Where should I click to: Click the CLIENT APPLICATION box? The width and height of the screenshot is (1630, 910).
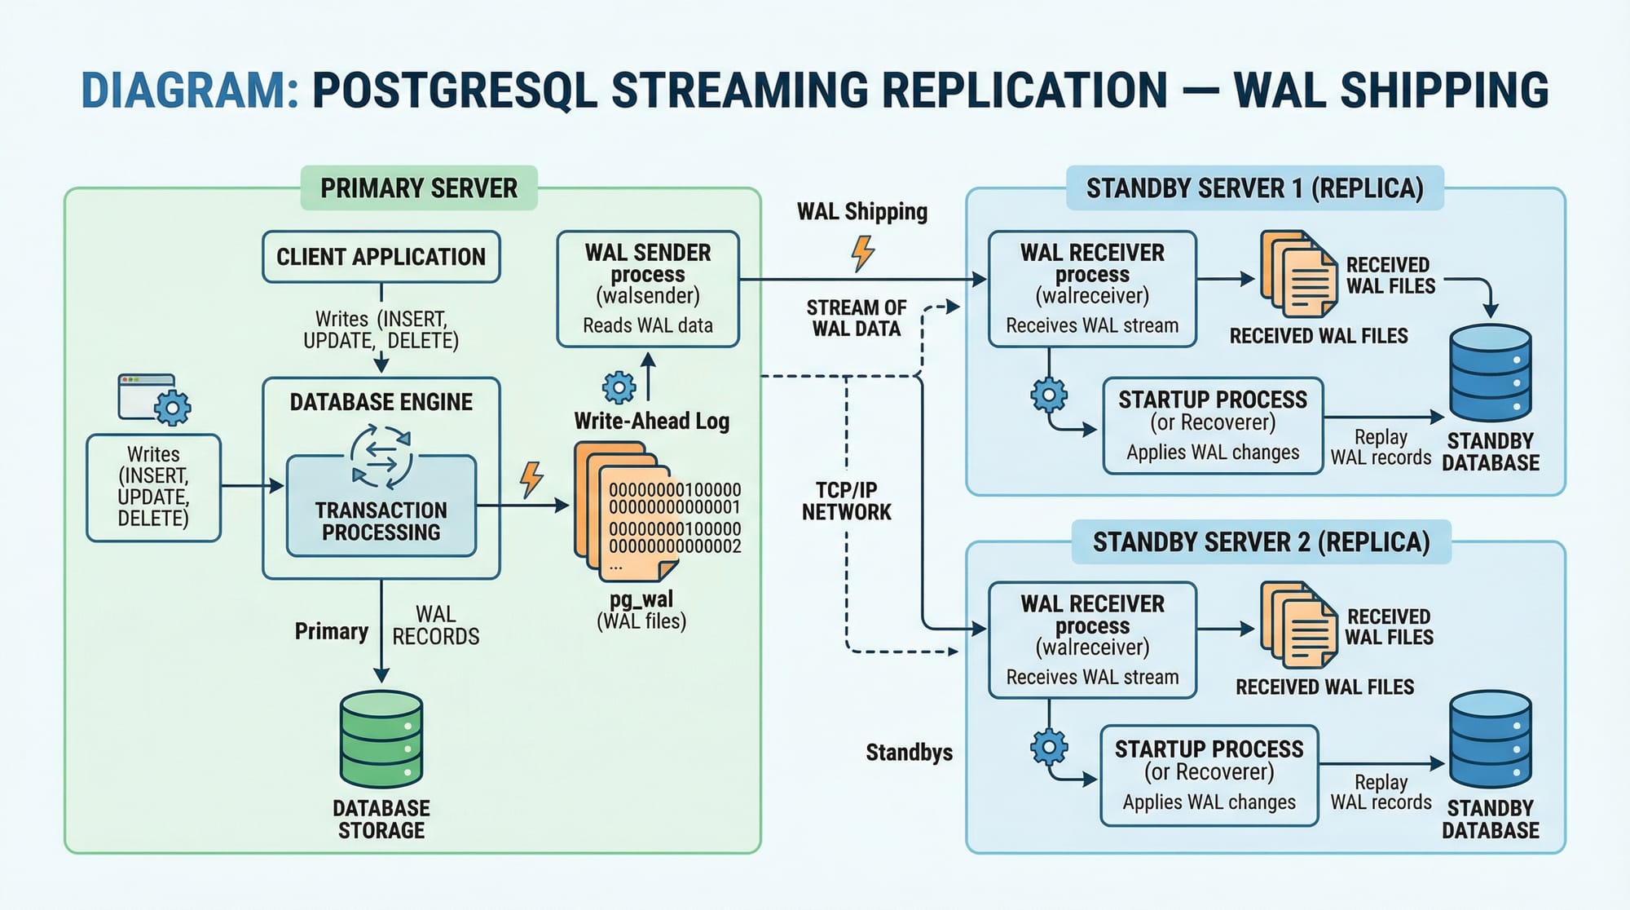coord(381,257)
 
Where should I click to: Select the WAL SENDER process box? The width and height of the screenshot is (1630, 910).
coord(648,289)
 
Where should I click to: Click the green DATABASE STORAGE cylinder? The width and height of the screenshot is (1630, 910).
coord(381,738)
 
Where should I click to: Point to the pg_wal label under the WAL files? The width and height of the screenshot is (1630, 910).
coord(641,599)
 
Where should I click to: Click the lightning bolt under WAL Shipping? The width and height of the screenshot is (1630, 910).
coord(862,253)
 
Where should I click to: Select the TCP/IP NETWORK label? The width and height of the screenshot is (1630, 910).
coord(846,501)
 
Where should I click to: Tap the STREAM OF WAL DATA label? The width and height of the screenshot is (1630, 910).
coord(856,318)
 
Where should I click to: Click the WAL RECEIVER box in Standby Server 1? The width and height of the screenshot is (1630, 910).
coord(1092,289)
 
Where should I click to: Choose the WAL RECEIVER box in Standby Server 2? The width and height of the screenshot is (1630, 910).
coord(1092,639)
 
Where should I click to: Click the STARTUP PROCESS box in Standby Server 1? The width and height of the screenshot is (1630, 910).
coord(1212,425)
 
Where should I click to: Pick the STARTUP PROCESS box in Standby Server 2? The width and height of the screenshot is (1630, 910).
coord(1209,775)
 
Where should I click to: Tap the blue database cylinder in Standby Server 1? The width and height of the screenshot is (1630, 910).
coord(1491,373)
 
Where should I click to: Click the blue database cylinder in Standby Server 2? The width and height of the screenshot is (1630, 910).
coord(1491,740)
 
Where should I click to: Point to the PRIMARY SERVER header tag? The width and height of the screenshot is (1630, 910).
coord(419,188)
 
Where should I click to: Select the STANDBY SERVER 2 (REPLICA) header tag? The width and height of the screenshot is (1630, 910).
coord(1261,542)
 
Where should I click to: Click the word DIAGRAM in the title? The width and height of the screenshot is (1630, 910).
coord(190,91)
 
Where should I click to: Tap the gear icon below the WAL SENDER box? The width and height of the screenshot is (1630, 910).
coord(619,387)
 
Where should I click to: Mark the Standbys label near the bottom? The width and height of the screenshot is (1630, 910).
coord(909,752)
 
